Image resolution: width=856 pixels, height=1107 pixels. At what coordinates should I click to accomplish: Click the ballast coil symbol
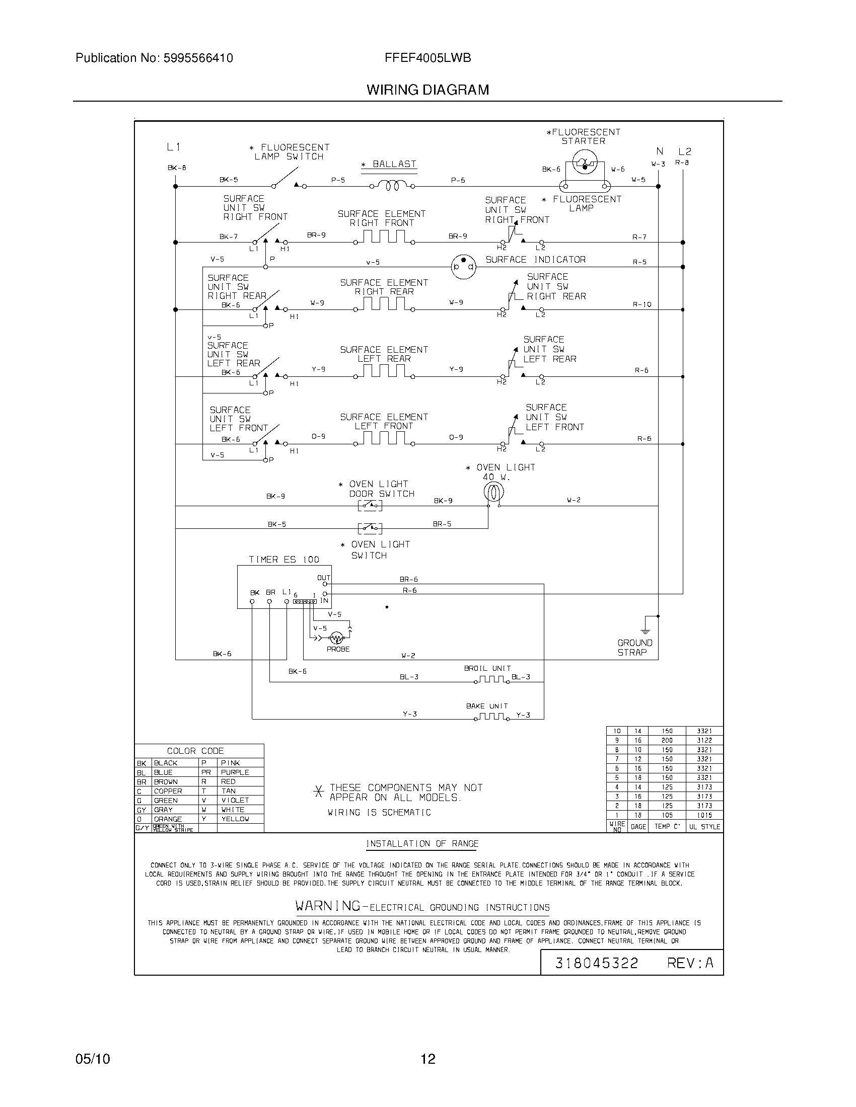tap(392, 187)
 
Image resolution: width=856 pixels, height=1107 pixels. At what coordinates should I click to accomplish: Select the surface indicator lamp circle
tap(463, 267)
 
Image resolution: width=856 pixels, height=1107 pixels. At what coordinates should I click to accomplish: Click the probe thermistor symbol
tap(336, 638)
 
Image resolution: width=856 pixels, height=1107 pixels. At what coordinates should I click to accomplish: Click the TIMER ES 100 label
tap(284, 560)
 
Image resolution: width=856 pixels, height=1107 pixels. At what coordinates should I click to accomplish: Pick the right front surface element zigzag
tap(385, 237)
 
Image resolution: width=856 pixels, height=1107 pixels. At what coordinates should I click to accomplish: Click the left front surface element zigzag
tap(385, 439)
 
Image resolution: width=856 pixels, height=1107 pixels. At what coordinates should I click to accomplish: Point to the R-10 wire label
tap(642, 304)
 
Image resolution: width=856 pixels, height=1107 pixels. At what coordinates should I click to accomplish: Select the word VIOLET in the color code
tap(235, 800)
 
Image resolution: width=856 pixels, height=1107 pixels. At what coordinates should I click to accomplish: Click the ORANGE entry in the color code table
tap(168, 819)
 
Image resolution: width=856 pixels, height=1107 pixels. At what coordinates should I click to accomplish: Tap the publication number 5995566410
tap(198, 58)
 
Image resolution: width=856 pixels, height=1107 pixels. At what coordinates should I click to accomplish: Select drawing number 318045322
tap(596, 963)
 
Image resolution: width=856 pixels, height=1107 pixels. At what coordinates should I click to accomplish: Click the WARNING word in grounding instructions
tap(328, 905)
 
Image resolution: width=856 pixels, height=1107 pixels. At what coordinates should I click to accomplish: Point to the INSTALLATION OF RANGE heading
tap(422, 843)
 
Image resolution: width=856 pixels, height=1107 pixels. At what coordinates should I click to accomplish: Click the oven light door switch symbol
tap(370, 505)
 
